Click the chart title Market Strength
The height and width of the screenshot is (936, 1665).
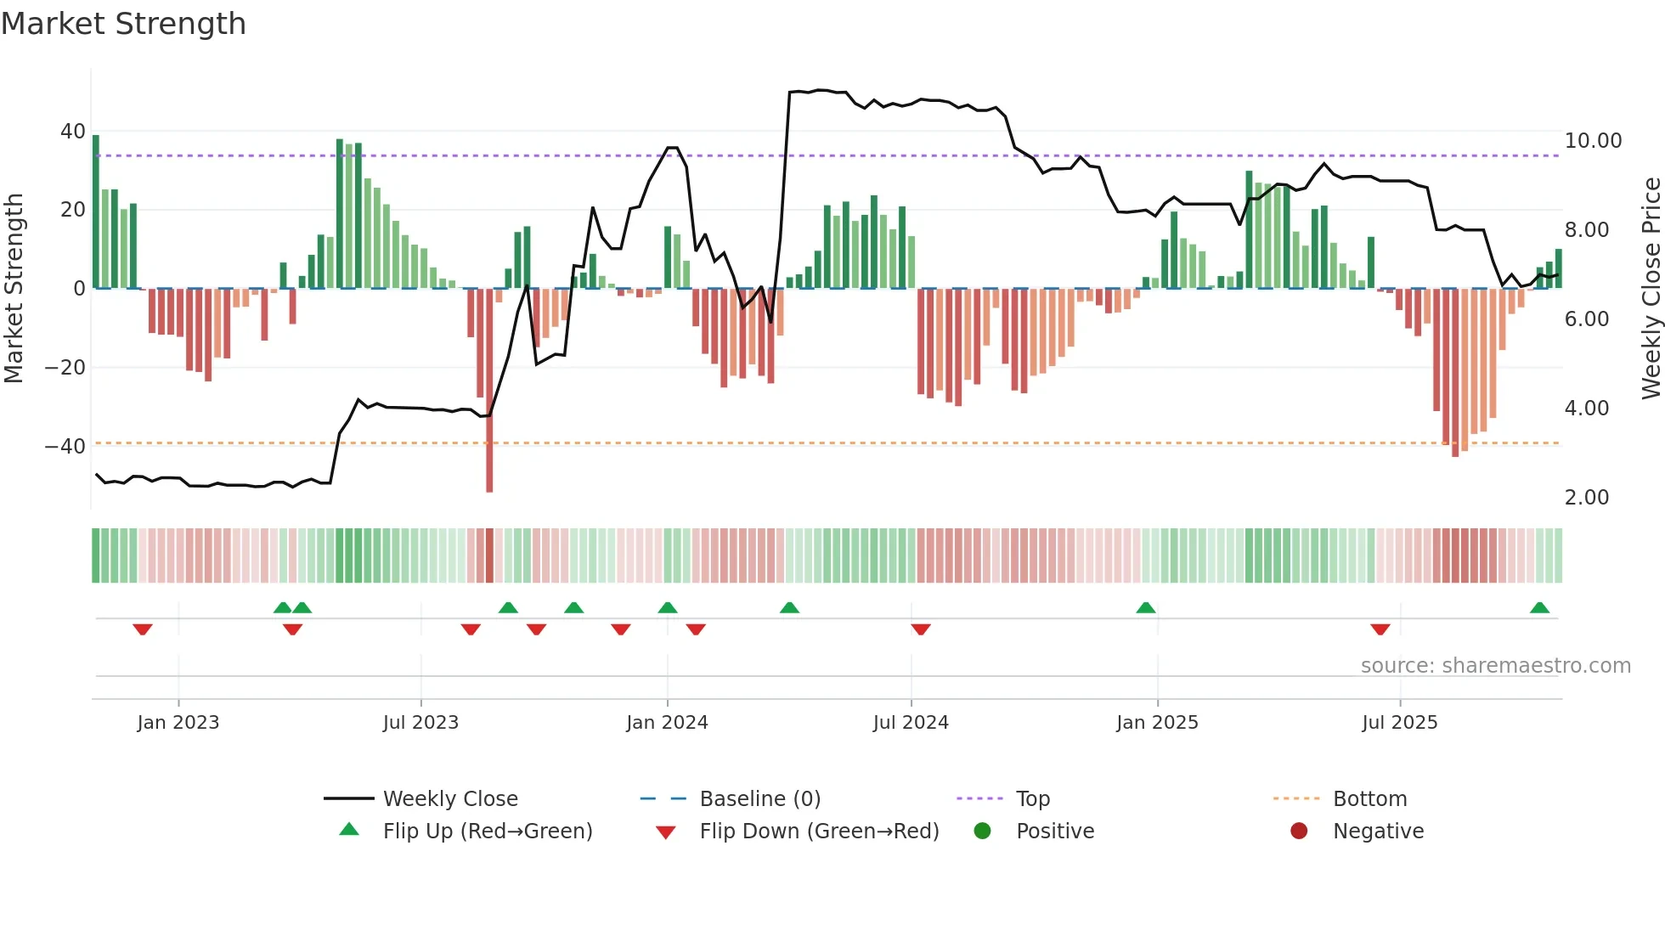[x=123, y=24]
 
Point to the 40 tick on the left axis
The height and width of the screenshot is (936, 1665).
[x=73, y=132]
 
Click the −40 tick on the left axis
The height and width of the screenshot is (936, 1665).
[x=65, y=446]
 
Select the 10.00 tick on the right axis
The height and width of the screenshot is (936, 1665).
[x=1593, y=141]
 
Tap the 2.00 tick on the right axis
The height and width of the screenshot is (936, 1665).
[x=1586, y=498]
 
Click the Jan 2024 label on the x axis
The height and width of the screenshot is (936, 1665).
[x=667, y=723]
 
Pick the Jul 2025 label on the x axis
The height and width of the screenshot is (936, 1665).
[x=1399, y=723]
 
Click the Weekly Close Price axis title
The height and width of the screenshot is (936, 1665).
[x=1651, y=289]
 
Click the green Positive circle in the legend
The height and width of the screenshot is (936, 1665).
[x=983, y=832]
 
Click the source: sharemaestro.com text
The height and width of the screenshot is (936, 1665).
[x=1495, y=666]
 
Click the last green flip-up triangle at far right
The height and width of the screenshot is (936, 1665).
[x=1539, y=608]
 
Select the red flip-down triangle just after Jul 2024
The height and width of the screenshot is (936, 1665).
[x=921, y=629]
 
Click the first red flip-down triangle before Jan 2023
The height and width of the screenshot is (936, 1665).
[x=143, y=629]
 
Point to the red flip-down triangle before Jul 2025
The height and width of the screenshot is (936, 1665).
[x=1380, y=629]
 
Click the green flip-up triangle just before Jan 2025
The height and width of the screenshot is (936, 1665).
[x=1145, y=608]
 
